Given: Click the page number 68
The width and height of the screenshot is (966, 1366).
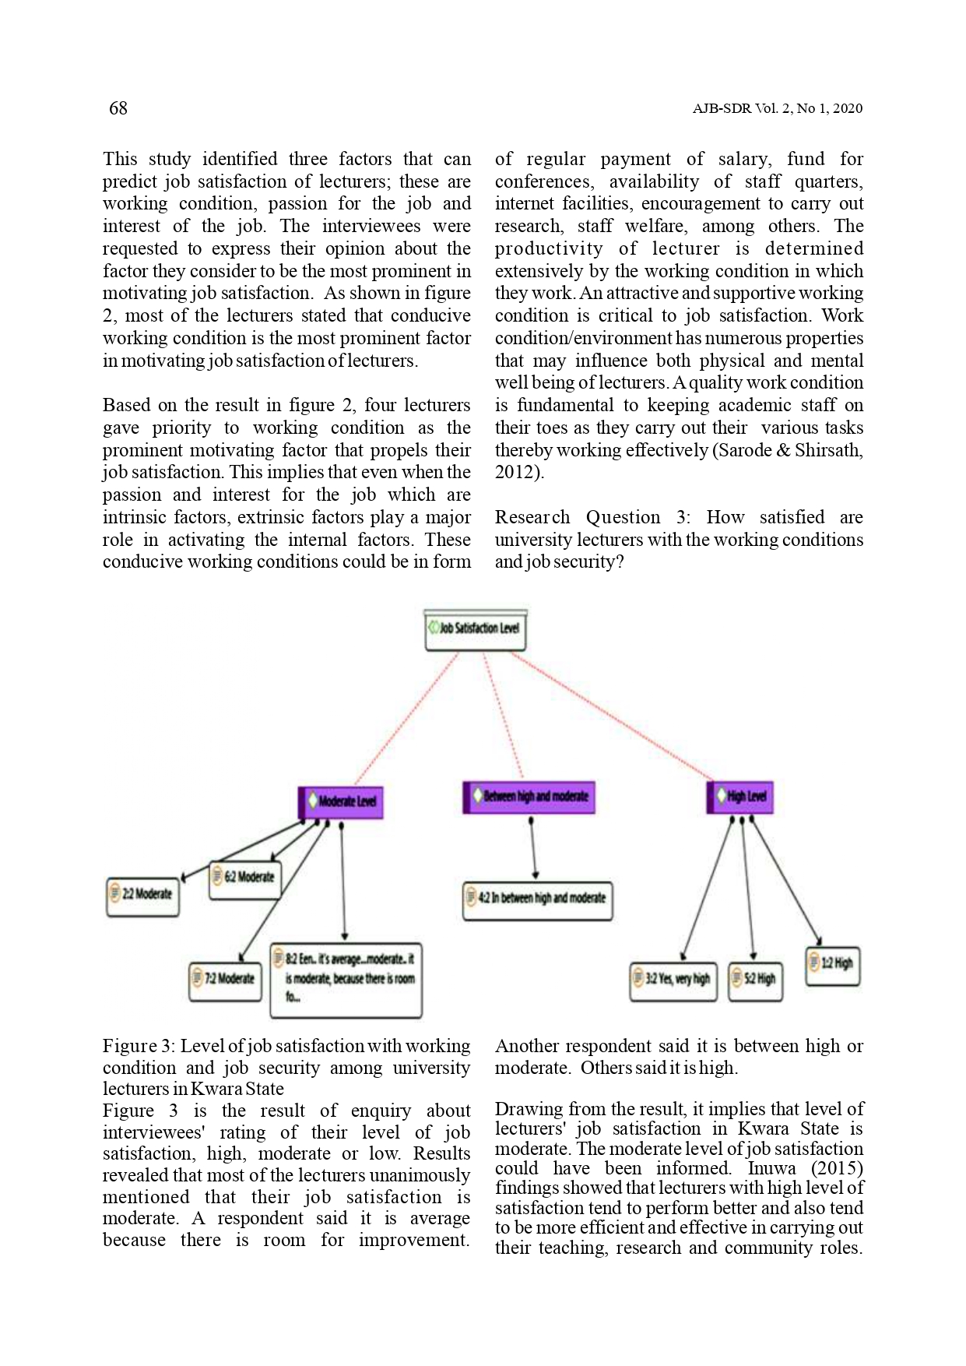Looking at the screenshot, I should point(118,108).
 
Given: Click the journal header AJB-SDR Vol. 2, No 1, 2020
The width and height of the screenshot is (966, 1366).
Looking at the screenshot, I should point(777,109).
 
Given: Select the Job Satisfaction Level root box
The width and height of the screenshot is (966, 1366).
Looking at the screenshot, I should point(476,629).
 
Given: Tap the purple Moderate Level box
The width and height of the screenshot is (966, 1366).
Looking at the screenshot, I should point(342,801).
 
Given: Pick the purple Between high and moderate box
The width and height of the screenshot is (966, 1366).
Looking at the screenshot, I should point(529,797).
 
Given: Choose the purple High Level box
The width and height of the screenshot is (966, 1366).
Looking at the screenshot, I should point(740,797).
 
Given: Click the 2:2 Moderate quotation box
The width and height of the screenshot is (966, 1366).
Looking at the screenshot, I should point(143,895).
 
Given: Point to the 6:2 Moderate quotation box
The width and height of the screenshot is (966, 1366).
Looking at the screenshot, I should point(245,878).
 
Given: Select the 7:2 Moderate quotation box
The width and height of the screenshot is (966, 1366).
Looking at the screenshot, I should point(226,980).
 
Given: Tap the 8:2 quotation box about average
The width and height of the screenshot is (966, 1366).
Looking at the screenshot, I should point(346,979).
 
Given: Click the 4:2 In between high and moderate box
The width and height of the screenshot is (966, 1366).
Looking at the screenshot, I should point(538,900).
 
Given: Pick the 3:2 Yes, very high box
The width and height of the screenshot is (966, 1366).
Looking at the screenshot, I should point(673,980).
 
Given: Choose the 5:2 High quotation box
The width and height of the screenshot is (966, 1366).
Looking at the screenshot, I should point(756,980).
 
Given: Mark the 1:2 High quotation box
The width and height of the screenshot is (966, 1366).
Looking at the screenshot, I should point(832,965).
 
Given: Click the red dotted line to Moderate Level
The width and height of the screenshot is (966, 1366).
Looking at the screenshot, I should point(405,720).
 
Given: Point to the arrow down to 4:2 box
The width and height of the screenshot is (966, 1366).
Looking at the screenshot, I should point(533,849).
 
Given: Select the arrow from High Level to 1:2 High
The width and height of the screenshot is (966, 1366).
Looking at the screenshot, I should point(786,880).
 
